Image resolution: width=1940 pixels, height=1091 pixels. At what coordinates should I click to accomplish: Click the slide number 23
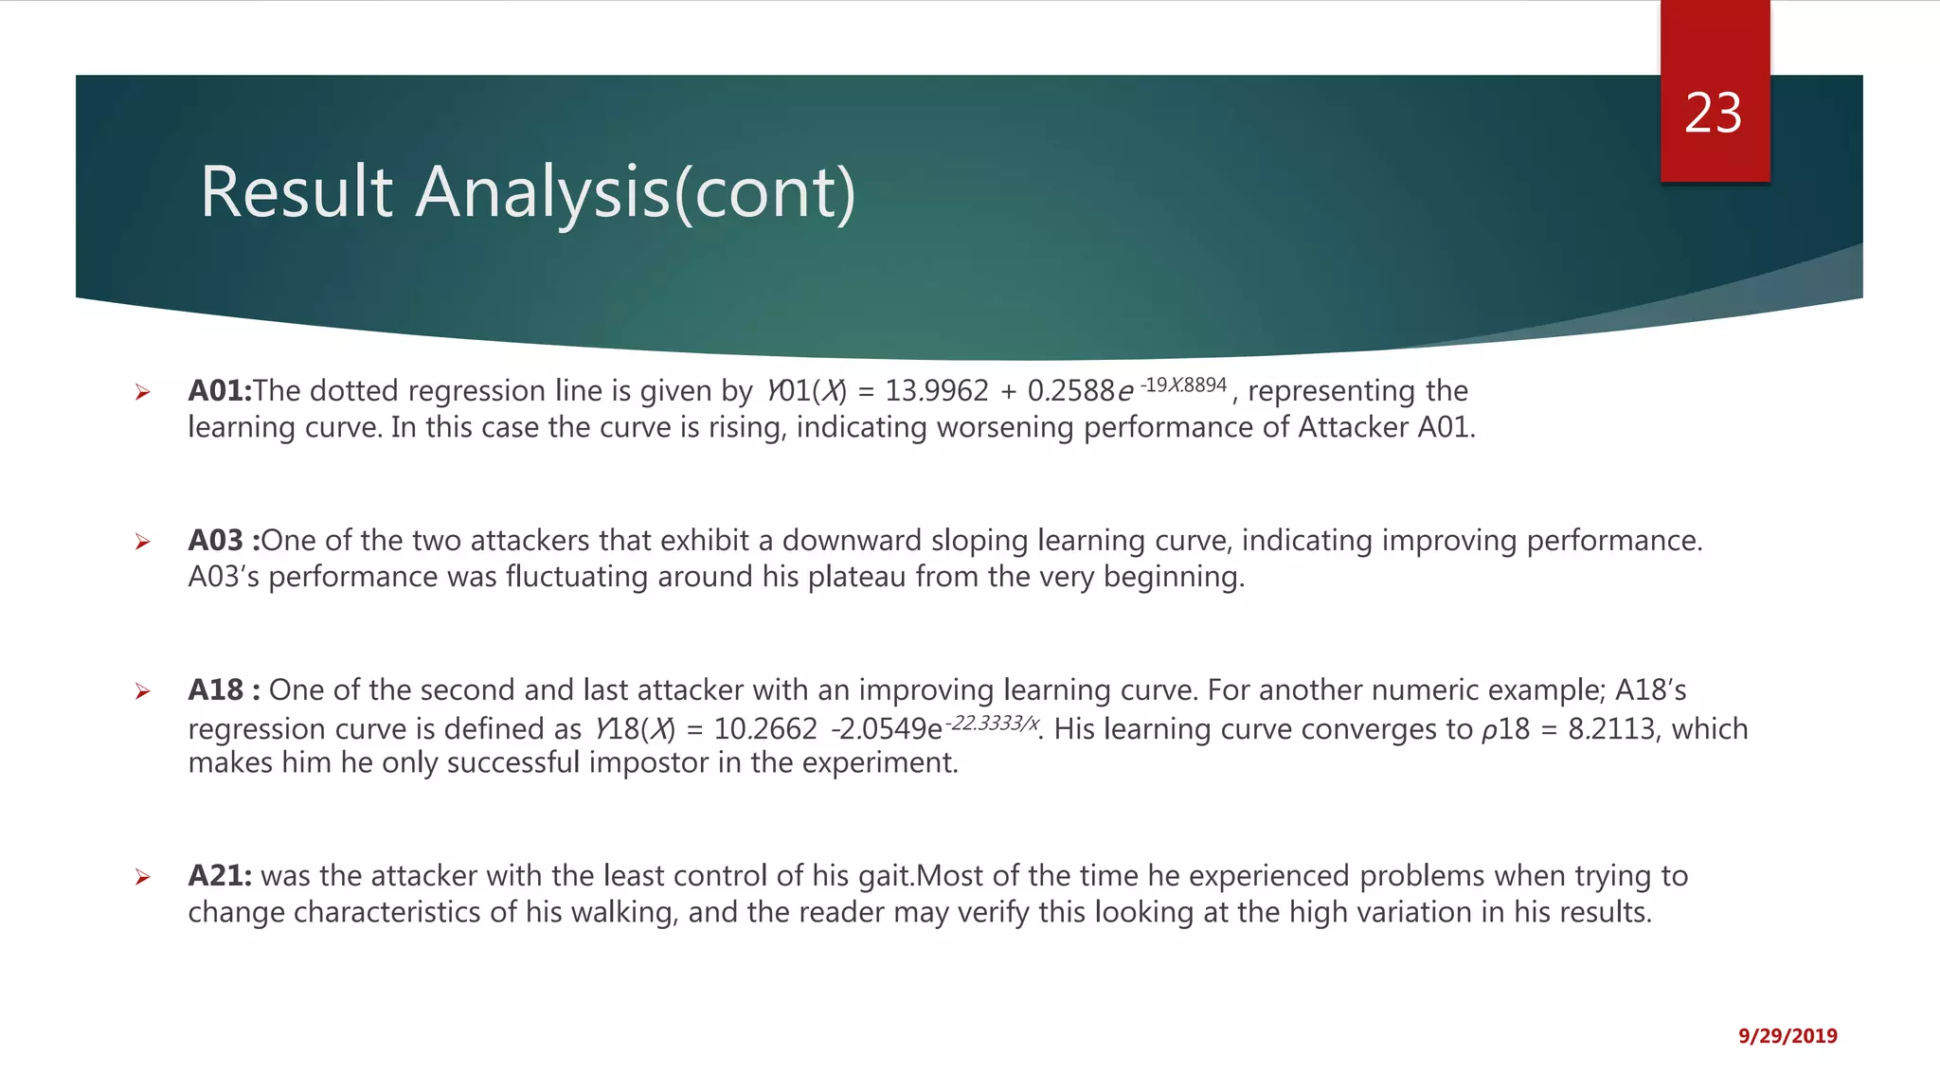[1713, 114]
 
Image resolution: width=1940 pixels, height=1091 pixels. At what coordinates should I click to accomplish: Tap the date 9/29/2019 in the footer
[1787, 1036]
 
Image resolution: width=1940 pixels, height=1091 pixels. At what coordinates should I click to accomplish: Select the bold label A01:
[220, 390]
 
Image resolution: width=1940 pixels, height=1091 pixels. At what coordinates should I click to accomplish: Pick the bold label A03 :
[224, 540]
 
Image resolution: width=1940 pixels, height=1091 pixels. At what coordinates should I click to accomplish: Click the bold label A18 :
[225, 689]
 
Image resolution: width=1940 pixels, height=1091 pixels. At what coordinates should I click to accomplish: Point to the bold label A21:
[220, 875]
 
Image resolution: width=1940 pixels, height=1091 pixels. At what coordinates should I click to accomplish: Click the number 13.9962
[936, 390]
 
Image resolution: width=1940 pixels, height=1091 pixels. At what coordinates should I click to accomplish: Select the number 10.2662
[765, 728]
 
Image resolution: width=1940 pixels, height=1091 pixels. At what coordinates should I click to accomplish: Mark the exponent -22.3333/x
[994, 723]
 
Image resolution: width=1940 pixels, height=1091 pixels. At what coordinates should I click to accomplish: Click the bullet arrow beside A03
[142, 542]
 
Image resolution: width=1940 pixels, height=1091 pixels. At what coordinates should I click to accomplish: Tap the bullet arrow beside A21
[142, 877]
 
